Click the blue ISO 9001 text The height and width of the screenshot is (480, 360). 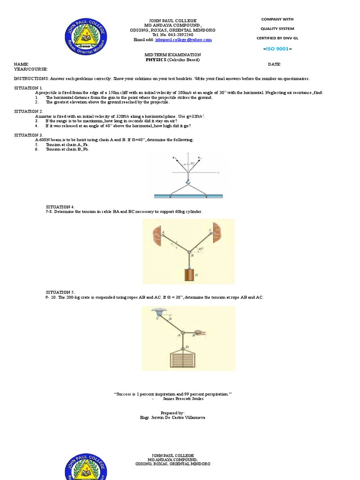coord(277,48)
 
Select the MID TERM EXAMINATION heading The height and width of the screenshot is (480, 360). coord(172,55)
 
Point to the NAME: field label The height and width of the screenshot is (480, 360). coord(21,64)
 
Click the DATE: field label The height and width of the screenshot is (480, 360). coord(274,64)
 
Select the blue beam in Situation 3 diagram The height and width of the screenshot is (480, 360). coord(187,195)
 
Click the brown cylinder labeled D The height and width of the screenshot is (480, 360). coord(188,274)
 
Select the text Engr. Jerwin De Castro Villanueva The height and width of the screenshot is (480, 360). coord(172,417)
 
